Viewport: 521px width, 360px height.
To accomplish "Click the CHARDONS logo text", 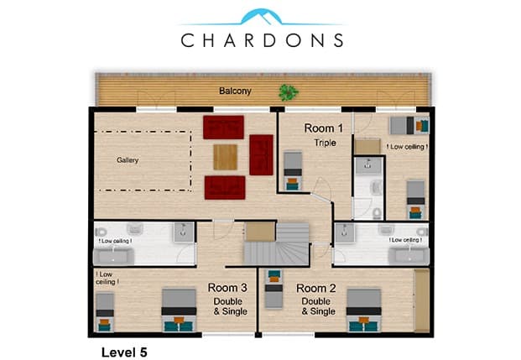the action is pyautogui.click(x=262, y=40).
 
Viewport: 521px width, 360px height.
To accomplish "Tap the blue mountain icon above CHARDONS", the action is pyautogui.click(x=261, y=17).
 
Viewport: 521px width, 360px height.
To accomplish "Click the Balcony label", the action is pyautogui.click(x=235, y=91).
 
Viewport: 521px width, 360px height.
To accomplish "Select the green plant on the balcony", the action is pyautogui.click(x=288, y=92).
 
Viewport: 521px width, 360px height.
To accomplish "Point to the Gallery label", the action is pyautogui.click(x=128, y=160).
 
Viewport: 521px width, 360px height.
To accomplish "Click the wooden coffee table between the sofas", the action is pyautogui.click(x=226, y=157).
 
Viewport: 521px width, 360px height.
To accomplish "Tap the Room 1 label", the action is pyautogui.click(x=323, y=128).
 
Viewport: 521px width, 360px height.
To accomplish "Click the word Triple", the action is pyautogui.click(x=325, y=143).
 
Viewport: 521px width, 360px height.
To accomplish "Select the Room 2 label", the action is pyautogui.click(x=316, y=288).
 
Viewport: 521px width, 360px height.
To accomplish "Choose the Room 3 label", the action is pyautogui.click(x=227, y=288).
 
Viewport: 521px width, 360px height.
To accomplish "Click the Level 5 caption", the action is pyautogui.click(x=124, y=352).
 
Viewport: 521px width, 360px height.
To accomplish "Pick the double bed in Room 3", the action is pyautogui.click(x=179, y=310).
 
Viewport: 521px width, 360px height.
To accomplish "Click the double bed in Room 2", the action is pyautogui.click(x=364, y=310).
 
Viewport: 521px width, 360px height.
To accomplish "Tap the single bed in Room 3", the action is pyautogui.click(x=105, y=312).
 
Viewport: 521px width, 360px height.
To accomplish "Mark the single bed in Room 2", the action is pyautogui.click(x=274, y=289).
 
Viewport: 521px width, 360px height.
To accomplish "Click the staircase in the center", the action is pyautogui.click(x=277, y=244).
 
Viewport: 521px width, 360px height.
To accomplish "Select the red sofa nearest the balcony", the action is pyautogui.click(x=224, y=128).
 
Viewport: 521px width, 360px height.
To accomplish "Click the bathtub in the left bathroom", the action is pyautogui.click(x=113, y=257).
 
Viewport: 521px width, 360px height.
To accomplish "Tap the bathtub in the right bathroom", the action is pyautogui.click(x=409, y=256).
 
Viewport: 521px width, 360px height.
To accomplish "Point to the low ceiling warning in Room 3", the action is pyautogui.click(x=107, y=279).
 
